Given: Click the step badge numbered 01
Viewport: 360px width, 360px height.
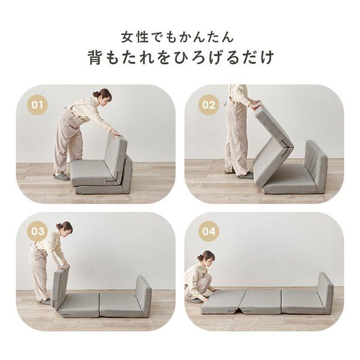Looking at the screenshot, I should click(x=38, y=105).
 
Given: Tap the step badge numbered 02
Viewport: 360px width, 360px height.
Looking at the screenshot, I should click(x=209, y=105).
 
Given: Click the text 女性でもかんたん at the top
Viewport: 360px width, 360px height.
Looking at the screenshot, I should click(x=179, y=37).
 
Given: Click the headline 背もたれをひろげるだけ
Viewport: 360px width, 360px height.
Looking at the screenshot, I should click(x=179, y=58).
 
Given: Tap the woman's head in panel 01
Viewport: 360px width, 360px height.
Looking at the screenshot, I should click(x=103, y=96).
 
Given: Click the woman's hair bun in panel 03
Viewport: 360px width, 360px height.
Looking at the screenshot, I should click(x=59, y=226).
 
